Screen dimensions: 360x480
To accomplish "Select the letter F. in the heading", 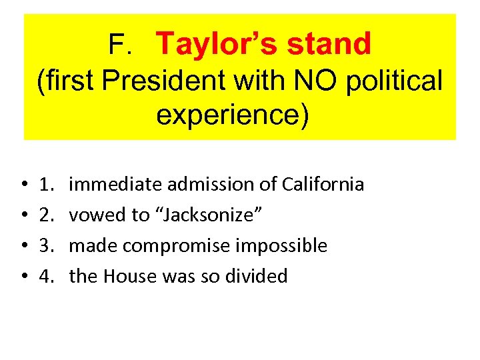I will tap(122, 45).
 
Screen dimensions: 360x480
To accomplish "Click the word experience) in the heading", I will tap(233, 114).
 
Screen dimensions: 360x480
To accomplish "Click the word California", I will tap(323, 184).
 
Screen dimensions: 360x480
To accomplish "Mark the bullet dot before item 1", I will tap(23, 185).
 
